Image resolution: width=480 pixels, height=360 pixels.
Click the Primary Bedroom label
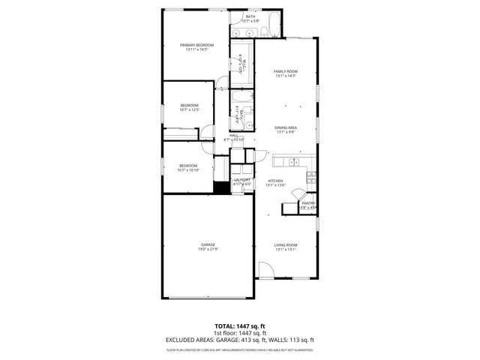point(196,46)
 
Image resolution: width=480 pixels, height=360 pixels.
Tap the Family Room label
point(286,71)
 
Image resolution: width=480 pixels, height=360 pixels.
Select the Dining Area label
point(286,128)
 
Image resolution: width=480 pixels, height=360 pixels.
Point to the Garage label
point(208,245)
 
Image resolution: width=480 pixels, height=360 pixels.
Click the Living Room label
point(286,245)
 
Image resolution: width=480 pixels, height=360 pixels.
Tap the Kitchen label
point(276,181)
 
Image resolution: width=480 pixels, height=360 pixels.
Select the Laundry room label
point(241,180)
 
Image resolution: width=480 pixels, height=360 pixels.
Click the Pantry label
point(307,203)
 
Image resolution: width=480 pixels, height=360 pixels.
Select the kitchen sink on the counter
point(291,162)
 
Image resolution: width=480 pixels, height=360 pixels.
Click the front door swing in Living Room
point(265,270)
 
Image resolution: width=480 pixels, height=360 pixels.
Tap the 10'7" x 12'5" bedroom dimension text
point(189,110)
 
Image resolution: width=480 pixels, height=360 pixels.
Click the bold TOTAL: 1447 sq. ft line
point(241,326)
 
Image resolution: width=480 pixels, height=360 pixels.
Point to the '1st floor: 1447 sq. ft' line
point(241,333)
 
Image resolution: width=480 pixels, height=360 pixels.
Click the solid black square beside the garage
point(220,187)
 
